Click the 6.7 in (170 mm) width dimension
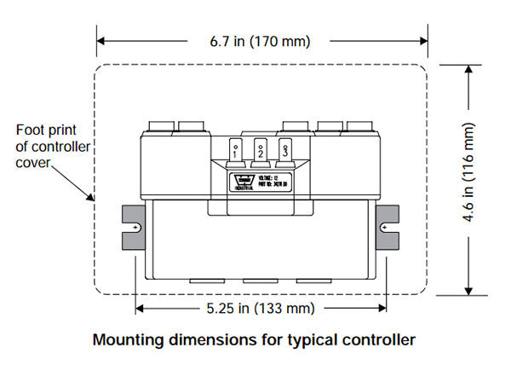pyautogui.click(x=255, y=40)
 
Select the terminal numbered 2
pyautogui.click(x=261, y=151)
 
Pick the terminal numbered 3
pyautogui.click(x=286, y=151)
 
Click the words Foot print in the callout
pyautogui.click(x=42, y=130)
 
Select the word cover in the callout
pyautogui.click(x=33, y=162)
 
